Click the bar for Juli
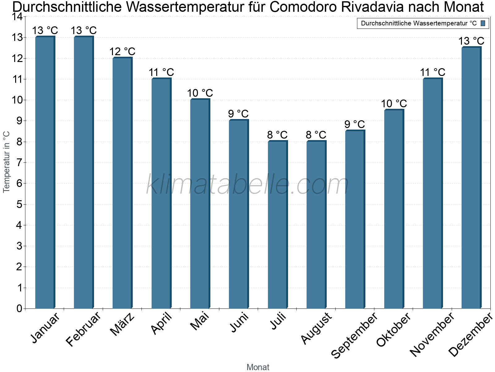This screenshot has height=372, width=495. [x=278, y=225]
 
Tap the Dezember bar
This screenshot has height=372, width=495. [x=471, y=178]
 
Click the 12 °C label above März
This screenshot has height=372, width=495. [x=123, y=51]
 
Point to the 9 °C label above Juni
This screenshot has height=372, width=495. [x=239, y=114]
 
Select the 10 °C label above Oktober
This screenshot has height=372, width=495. [x=394, y=104]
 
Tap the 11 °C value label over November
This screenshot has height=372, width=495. [x=433, y=73]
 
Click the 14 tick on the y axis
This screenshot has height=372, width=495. [x=17, y=17]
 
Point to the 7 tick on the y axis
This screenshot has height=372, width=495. [x=19, y=162]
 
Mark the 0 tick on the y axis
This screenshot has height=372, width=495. [x=19, y=308]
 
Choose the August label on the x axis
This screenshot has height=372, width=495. [x=316, y=329]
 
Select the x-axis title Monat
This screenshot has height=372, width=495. [x=258, y=367]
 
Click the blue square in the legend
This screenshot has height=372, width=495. [x=483, y=23]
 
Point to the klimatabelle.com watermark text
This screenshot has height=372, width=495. [x=247, y=185]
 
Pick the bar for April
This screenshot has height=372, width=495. [x=161, y=193]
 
